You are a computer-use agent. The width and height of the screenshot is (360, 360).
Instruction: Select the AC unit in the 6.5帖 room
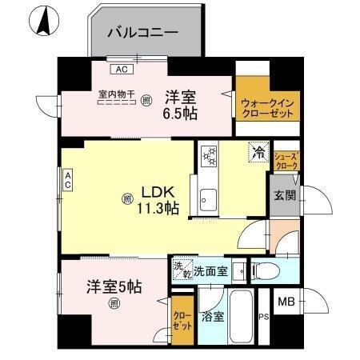click(122, 70)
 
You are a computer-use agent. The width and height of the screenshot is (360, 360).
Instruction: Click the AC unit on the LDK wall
click(68, 180)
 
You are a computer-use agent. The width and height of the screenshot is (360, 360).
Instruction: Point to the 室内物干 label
click(116, 94)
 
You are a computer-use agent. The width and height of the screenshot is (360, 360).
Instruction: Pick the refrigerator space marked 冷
click(258, 150)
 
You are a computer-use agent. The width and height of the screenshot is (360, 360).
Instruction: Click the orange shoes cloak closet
click(286, 160)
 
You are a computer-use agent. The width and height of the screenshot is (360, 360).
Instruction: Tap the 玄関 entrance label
click(285, 194)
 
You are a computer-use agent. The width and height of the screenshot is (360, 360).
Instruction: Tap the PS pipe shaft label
click(263, 317)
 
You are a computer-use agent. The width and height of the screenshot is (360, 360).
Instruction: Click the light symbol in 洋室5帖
click(115, 302)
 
